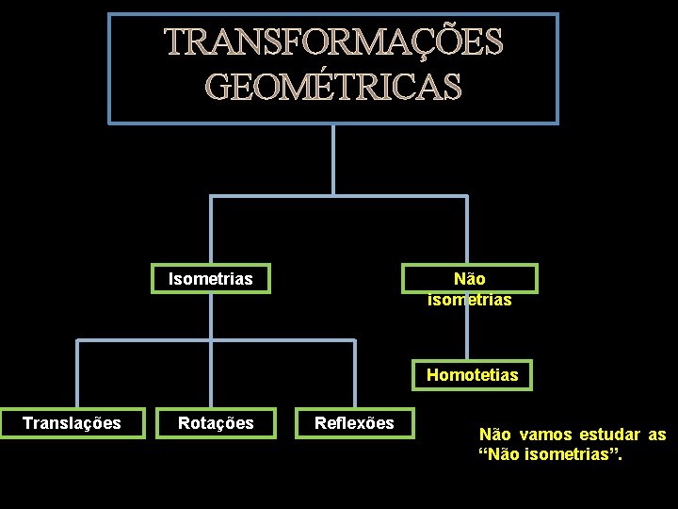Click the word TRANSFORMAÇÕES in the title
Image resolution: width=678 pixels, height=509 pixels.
pos(334,42)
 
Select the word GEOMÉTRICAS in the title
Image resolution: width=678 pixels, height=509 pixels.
pos(334,88)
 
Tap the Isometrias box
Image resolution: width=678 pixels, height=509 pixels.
pos(211,279)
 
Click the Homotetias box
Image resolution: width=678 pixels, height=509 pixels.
pos(472,375)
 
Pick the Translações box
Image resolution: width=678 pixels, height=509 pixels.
pos(72,423)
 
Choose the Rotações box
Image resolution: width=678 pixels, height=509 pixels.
pos(216,423)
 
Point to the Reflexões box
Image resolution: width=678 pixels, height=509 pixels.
pos(354,423)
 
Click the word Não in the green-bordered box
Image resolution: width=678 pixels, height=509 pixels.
pos(469,279)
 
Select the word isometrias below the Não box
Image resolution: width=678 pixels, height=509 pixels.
pos(469,300)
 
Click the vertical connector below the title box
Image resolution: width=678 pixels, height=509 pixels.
pos(333,160)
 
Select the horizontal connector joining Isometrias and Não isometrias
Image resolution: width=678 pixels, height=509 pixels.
pos(338,196)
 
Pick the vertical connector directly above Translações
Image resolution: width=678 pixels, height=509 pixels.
pos(77,373)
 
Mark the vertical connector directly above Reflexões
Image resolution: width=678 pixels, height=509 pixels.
pos(355,373)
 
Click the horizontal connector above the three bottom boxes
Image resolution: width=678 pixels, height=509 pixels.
pos(216,339)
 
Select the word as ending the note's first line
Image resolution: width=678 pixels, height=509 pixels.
pos(656,435)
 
